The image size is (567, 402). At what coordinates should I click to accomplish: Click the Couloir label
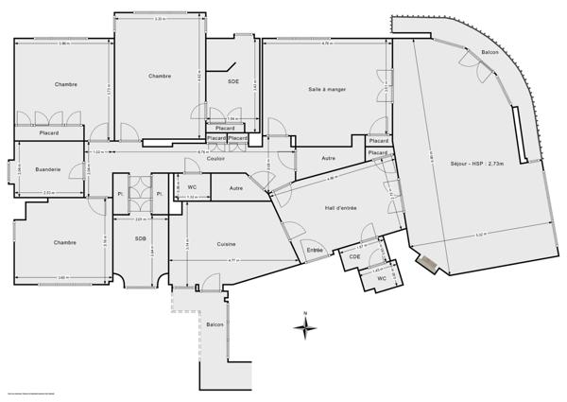[215, 158]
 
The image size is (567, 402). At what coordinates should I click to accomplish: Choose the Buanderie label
[48, 169]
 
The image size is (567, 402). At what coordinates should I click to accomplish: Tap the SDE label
[233, 81]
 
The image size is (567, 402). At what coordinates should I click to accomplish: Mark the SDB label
[140, 238]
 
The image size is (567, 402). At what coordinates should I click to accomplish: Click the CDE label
[354, 256]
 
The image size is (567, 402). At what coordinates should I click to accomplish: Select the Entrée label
[315, 250]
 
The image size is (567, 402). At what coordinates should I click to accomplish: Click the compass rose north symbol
[304, 327]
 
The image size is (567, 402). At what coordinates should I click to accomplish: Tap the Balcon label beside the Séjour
[490, 52]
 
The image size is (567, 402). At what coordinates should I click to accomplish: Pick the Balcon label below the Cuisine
[215, 324]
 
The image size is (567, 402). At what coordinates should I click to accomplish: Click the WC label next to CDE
[382, 278]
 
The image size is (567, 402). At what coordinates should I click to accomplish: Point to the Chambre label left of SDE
[160, 76]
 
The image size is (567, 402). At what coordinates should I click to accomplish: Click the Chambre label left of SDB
[64, 243]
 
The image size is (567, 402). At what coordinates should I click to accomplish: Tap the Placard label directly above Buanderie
[48, 133]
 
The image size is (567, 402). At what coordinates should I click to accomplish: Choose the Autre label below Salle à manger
[328, 158]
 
